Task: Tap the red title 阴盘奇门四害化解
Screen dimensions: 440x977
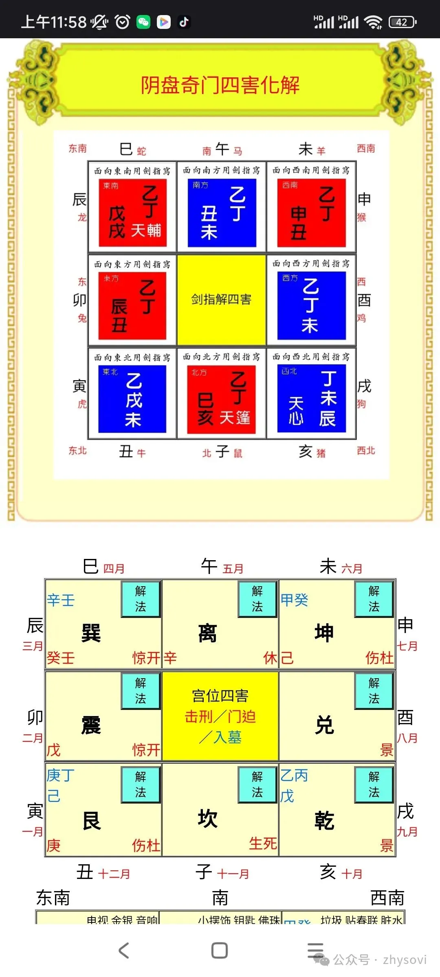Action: point(220,85)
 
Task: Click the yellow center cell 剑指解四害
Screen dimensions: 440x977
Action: point(221,300)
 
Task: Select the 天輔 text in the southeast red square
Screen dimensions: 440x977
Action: point(146,230)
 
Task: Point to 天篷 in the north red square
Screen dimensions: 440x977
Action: point(235,418)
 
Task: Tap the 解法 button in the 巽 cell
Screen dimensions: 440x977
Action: point(141,598)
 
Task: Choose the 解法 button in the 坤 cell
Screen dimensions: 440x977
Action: point(374,598)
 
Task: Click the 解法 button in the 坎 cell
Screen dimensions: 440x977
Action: point(257,784)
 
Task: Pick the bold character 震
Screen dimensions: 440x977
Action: point(91,725)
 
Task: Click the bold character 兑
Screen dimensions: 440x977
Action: point(324,725)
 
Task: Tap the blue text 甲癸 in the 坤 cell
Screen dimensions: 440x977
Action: point(294,600)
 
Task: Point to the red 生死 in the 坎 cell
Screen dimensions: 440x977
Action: point(263,843)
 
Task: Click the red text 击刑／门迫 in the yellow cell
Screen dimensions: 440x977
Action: point(220,716)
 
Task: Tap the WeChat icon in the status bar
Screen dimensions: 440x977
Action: point(143,22)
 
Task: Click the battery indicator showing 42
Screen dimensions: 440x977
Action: point(402,22)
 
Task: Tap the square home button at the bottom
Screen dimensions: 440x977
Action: point(220,951)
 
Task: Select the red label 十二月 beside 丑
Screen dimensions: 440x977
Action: point(114,874)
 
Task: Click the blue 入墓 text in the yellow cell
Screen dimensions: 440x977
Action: point(227,737)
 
